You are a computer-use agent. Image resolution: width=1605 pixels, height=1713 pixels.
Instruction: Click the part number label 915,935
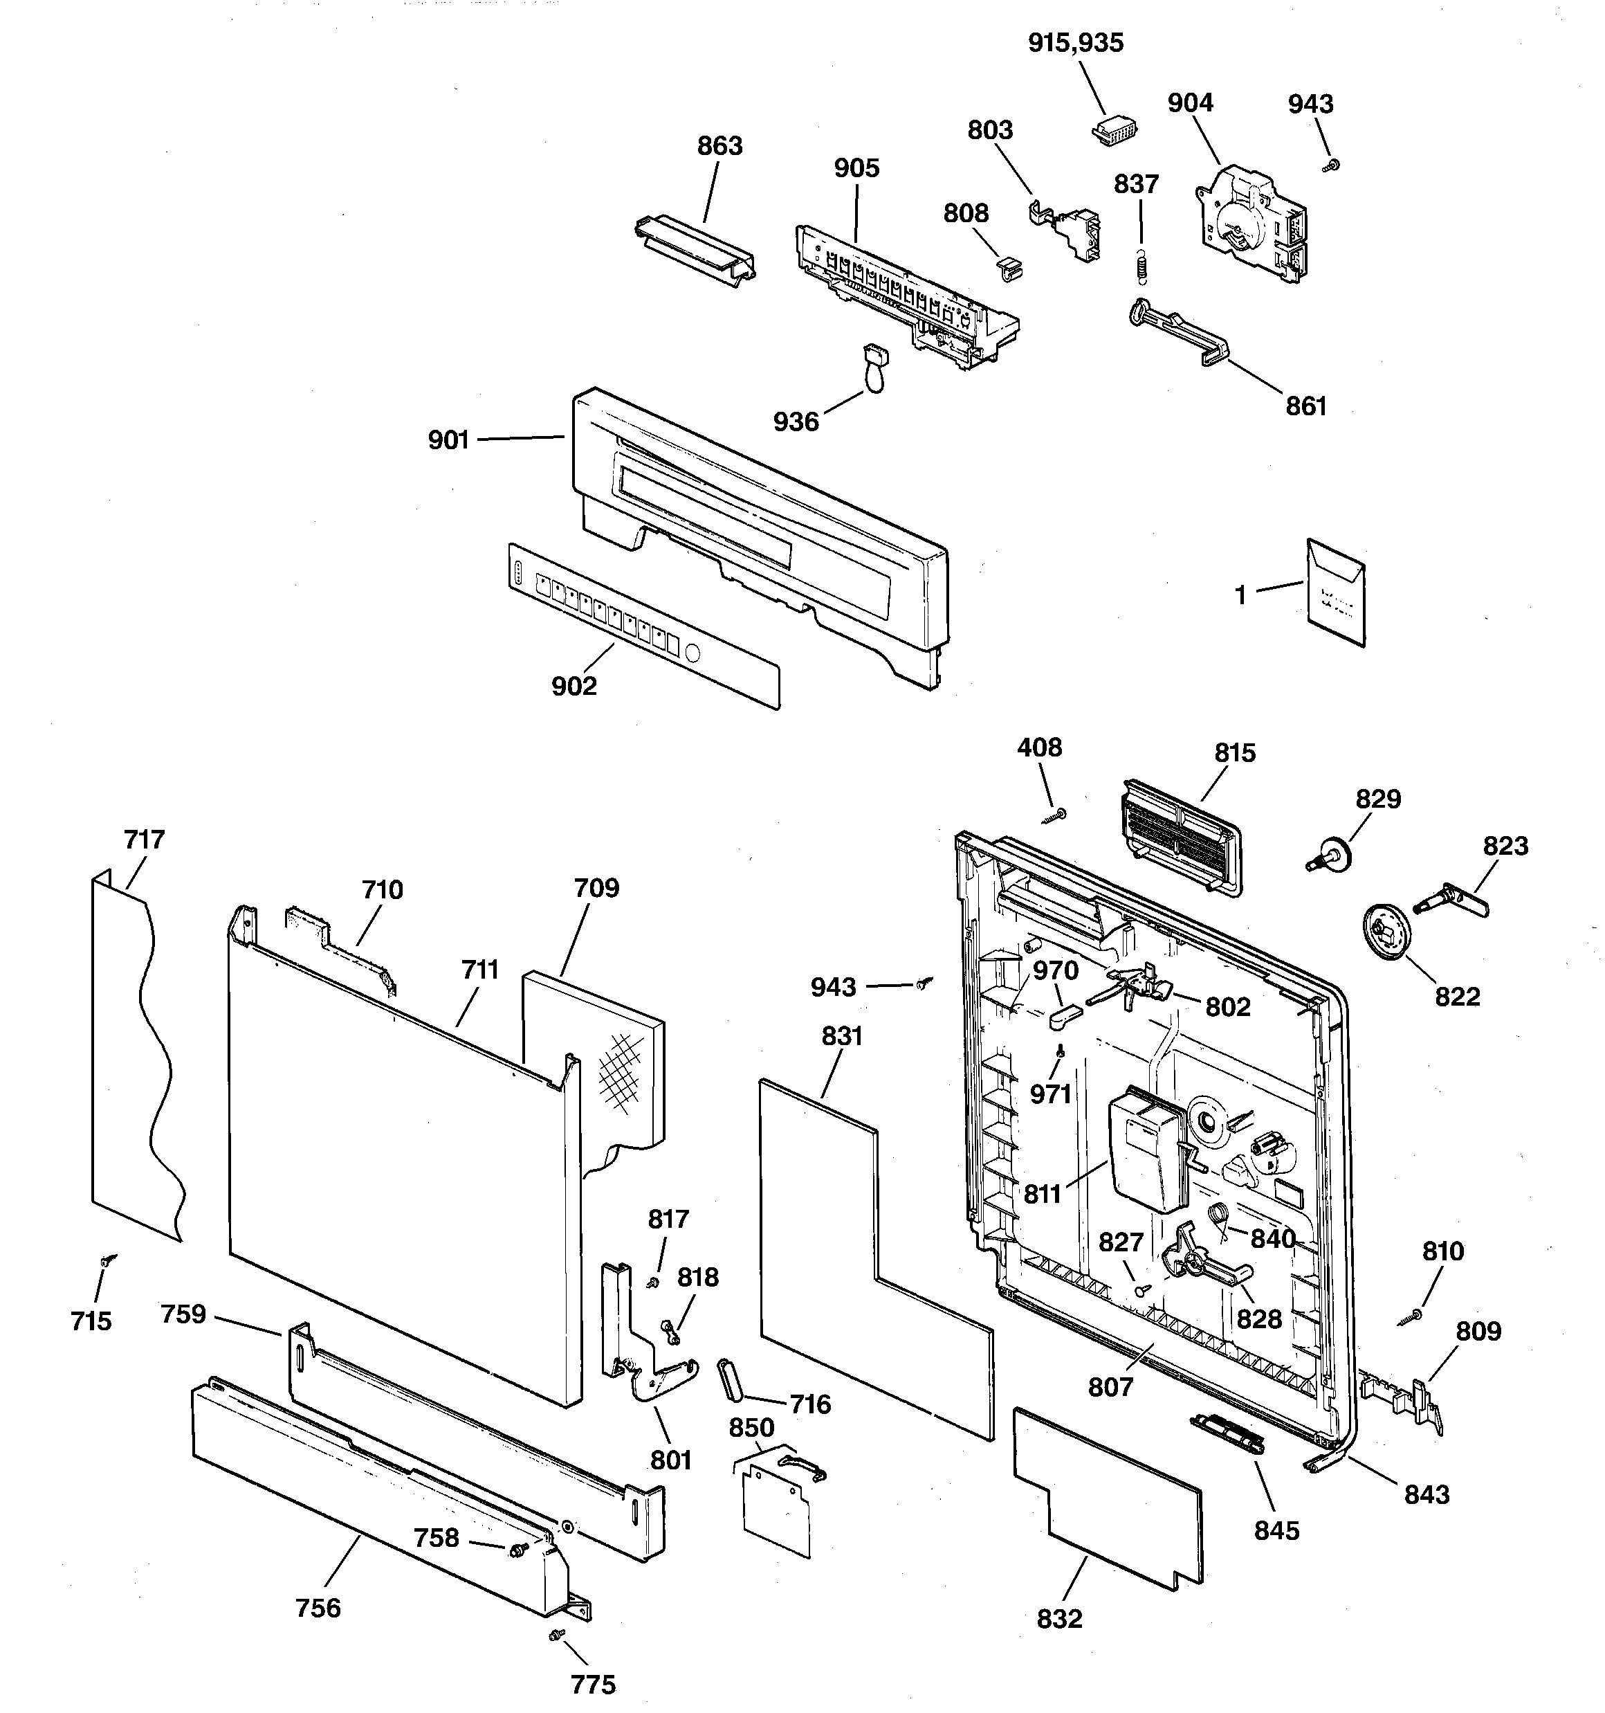point(1075,43)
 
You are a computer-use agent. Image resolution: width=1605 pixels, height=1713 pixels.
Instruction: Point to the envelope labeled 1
point(1335,594)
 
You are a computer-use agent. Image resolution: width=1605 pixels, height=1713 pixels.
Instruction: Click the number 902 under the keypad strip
point(574,687)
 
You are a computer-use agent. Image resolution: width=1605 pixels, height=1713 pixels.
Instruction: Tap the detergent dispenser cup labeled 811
point(1148,1153)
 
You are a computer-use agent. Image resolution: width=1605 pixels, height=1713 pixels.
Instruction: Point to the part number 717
point(144,840)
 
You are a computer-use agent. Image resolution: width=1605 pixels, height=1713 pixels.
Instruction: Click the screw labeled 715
point(107,1262)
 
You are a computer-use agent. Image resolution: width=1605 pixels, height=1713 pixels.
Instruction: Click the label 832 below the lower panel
point(1058,1619)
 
